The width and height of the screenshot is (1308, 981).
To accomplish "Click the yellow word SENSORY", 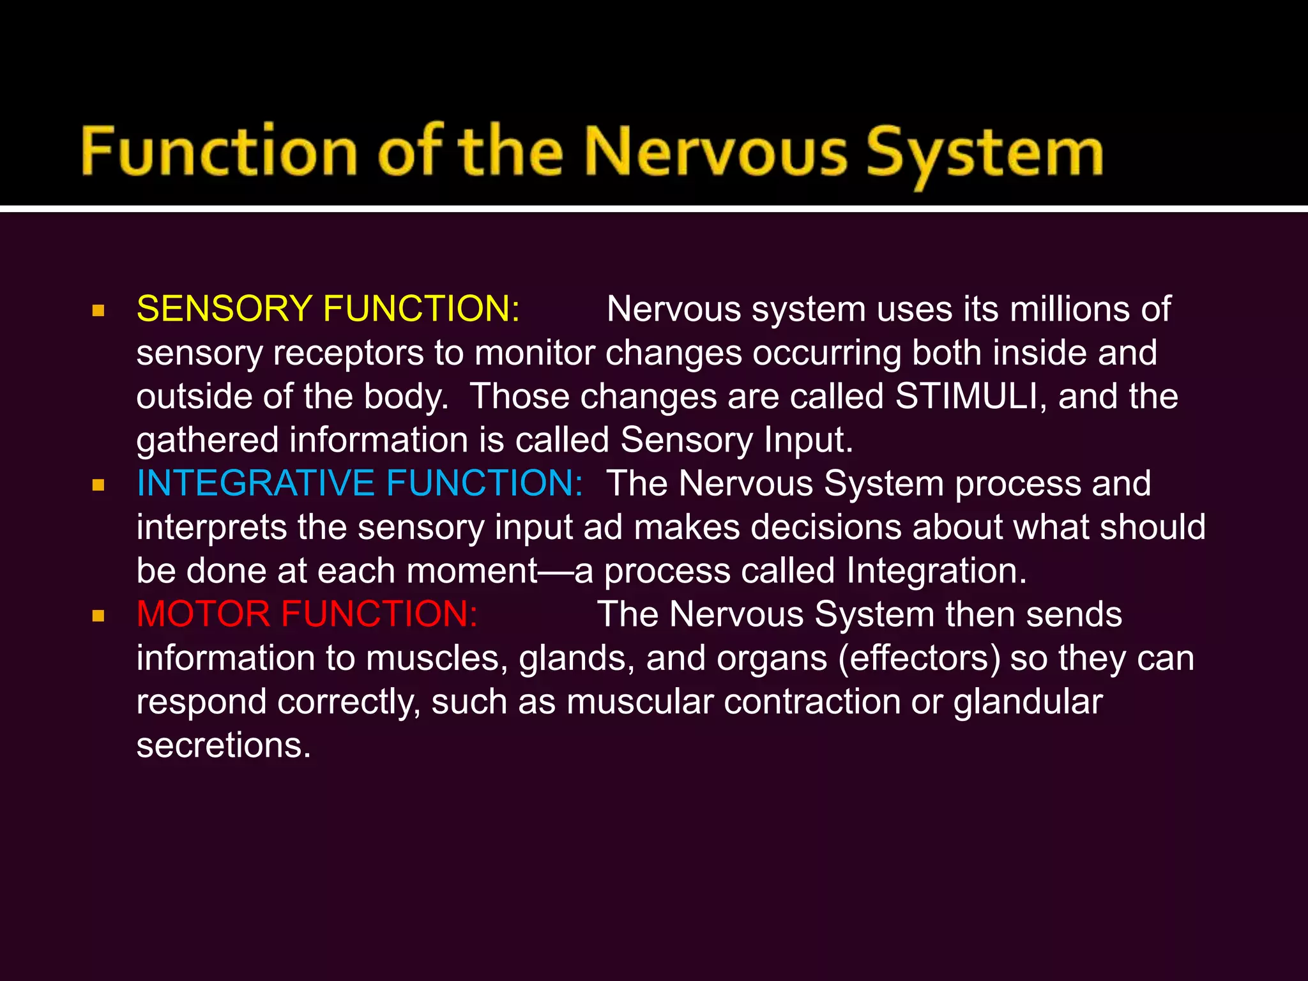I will pyautogui.click(x=224, y=309).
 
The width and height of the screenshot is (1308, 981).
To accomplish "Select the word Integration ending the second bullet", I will pyautogui.click(x=936, y=571).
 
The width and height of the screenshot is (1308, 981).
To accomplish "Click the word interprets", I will pyautogui.click(x=211, y=528).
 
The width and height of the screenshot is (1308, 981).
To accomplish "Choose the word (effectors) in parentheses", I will pyautogui.click(x=919, y=658).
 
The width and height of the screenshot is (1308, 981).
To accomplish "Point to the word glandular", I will pyautogui.click(x=1028, y=702).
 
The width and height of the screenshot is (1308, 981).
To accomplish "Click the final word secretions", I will pyautogui.click(x=224, y=745).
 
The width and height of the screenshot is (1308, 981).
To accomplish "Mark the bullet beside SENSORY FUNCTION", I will pyautogui.click(x=98, y=311).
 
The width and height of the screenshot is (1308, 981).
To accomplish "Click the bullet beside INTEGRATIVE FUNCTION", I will pyautogui.click(x=98, y=485).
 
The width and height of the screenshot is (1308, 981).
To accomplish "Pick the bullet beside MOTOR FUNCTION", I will pyautogui.click(x=98, y=616).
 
